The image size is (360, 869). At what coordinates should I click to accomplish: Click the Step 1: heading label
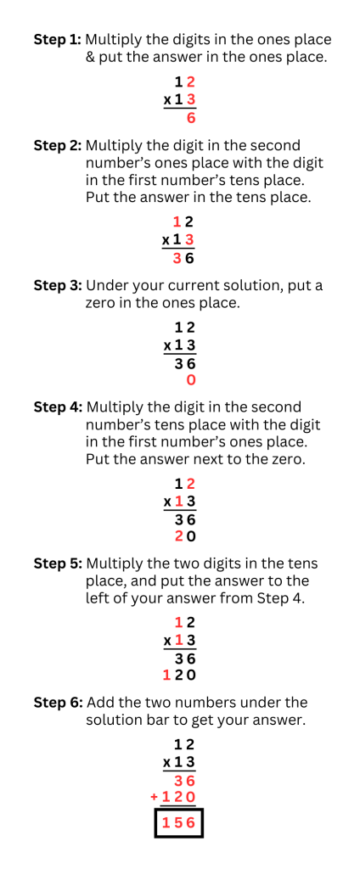click(58, 40)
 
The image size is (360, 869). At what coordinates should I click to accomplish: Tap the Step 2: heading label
click(58, 146)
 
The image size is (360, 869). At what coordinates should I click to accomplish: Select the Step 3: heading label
click(59, 285)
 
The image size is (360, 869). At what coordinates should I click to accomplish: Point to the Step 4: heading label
click(59, 407)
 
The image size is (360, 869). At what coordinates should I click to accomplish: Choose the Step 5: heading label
click(59, 563)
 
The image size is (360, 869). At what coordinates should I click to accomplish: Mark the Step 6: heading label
click(59, 703)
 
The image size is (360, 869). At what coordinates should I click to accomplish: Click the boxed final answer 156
click(178, 823)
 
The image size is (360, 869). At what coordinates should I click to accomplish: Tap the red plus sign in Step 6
click(155, 796)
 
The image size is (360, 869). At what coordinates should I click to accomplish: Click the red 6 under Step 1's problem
click(191, 119)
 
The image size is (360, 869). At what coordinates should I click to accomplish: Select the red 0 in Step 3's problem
click(190, 380)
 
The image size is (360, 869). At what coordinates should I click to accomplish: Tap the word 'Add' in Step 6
click(100, 703)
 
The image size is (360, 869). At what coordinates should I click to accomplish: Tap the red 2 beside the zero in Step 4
click(178, 536)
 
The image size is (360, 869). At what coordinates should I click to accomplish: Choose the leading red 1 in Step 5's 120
click(166, 676)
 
